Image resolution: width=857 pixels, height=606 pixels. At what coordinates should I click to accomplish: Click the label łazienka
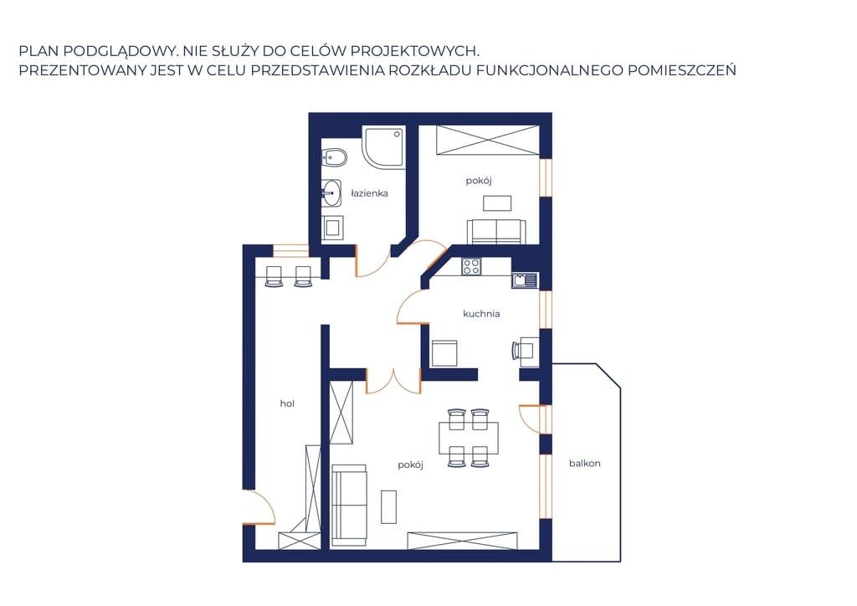pyautogui.click(x=369, y=193)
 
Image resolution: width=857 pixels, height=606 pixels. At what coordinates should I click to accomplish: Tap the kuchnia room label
pyautogui.click(x=481, y=314)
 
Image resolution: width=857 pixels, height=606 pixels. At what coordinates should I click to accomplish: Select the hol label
pyautogui.click(x=287, y=403)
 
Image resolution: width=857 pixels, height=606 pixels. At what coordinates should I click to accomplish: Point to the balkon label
pyautogui.click(x=584, y=464)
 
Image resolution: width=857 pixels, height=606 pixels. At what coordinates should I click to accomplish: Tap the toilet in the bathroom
pyautogui.click(x=334, y=158)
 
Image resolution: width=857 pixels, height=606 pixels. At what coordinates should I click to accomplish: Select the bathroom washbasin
pyautogui.click(x=331, y=193)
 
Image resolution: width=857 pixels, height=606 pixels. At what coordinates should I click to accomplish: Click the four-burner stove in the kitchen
pyautogui.click(x=471, y=266)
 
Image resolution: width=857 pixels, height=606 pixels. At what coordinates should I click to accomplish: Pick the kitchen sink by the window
pyautogui.click(x=525, y=280)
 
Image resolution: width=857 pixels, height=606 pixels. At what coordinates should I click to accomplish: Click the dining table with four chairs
pyautogui.click(x=469, y=439)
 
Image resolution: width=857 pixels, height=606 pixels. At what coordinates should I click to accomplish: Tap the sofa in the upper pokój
pyautogui.click(x=496, y=232)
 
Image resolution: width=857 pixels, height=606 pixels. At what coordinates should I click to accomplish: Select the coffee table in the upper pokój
pyautogui.click(x=497, y=203)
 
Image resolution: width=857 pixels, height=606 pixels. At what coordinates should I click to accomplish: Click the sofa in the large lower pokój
pyautogui.click(x=349, y=505)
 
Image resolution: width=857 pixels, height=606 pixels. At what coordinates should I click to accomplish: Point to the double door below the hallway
pyautogui.click(x=393, y=382)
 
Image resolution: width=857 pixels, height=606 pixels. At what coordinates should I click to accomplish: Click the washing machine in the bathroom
pyautogui.click(x=331, y=228)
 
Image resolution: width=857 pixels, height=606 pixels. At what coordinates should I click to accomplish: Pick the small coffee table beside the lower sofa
pyautogui.click(x=388, y=507)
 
